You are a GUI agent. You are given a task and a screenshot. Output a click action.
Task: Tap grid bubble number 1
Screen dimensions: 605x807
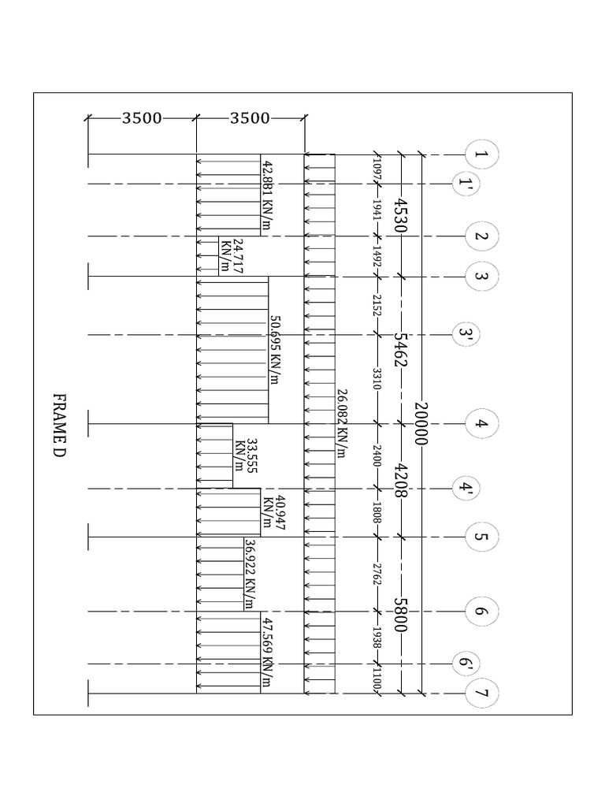pos(481,154)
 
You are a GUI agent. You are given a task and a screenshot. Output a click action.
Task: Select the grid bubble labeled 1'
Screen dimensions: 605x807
pos(466,184)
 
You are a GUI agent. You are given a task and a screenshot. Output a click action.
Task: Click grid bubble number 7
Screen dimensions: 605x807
pos(481,694)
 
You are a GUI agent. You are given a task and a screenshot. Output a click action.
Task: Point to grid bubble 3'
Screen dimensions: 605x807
pos(466,335)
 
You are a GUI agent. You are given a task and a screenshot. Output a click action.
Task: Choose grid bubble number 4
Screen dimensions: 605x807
pos(481,423)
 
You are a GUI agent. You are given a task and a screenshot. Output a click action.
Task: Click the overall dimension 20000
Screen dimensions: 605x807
pos(421,423)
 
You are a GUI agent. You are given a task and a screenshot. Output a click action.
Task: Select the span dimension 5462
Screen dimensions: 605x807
pos(401,349)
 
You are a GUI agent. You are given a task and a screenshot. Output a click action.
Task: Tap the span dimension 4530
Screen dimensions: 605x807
pos(401,214)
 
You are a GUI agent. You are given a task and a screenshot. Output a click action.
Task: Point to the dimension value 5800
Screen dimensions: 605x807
pos(401,615)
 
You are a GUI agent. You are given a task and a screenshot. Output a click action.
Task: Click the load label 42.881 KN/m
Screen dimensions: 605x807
pos(268,195)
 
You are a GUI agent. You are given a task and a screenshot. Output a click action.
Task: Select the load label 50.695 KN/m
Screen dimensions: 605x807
pos(275,350)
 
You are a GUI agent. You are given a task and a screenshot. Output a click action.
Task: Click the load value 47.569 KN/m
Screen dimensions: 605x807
pos(267,652)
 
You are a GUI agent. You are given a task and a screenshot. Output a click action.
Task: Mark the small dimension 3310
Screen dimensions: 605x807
pos(377,378)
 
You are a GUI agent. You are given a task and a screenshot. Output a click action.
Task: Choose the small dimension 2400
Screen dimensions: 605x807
pos(377,456)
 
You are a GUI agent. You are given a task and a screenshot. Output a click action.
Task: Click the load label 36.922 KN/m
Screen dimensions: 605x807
pos(250,574)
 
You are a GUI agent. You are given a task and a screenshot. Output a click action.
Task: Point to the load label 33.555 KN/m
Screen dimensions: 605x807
pos(246,456)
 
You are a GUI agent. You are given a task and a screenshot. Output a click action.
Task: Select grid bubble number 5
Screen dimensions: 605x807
pos(481,537)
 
